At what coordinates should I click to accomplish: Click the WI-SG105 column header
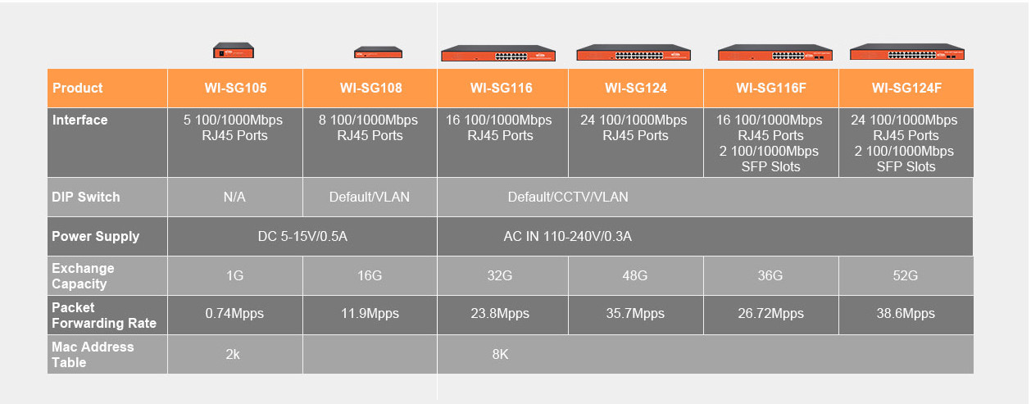click(x=235, y=88)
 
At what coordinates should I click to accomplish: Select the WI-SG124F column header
click(x=906, y=88)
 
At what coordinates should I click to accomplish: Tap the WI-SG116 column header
click(x=502, y=88)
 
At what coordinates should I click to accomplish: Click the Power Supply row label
click(x=95, y=237)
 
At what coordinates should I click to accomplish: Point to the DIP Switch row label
click(x=85, y=197)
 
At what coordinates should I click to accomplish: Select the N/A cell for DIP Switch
click(x=234, y=197)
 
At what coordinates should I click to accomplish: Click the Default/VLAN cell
click(x=369, y=197)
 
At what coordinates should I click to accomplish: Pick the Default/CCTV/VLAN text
click(x=567, y=197)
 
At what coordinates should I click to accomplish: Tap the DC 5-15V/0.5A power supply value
click(x=302, y=237)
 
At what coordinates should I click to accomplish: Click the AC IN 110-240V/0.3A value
click(x=567, y=237)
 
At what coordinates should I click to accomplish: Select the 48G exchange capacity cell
click(x=634, y=275)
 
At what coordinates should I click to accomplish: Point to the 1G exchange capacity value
click(x=234, y=275)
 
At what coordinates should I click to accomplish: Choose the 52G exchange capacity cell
click(x=906, y=275)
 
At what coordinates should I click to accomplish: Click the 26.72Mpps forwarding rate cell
click(x=770, y=313)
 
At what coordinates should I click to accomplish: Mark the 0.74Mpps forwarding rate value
click(x=234, y=313)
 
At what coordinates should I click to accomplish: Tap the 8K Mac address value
click(x=500, y=354)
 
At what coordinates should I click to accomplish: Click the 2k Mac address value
click(x=233, y=354)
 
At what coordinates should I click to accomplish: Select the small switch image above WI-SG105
click(x=234, y=50)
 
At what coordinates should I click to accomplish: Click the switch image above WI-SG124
click(x=634, y=52)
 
